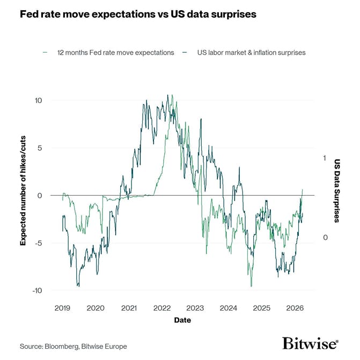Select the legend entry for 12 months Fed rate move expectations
115,53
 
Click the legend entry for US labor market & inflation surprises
249,53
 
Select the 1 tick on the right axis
324,158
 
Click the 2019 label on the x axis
62,308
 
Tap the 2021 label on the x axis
129,308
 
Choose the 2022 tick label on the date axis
162,308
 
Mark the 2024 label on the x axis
229,308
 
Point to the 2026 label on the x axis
295,308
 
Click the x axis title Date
182,320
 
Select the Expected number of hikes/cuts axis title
23,195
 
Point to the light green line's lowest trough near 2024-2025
251,286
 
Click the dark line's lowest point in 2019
79,286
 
